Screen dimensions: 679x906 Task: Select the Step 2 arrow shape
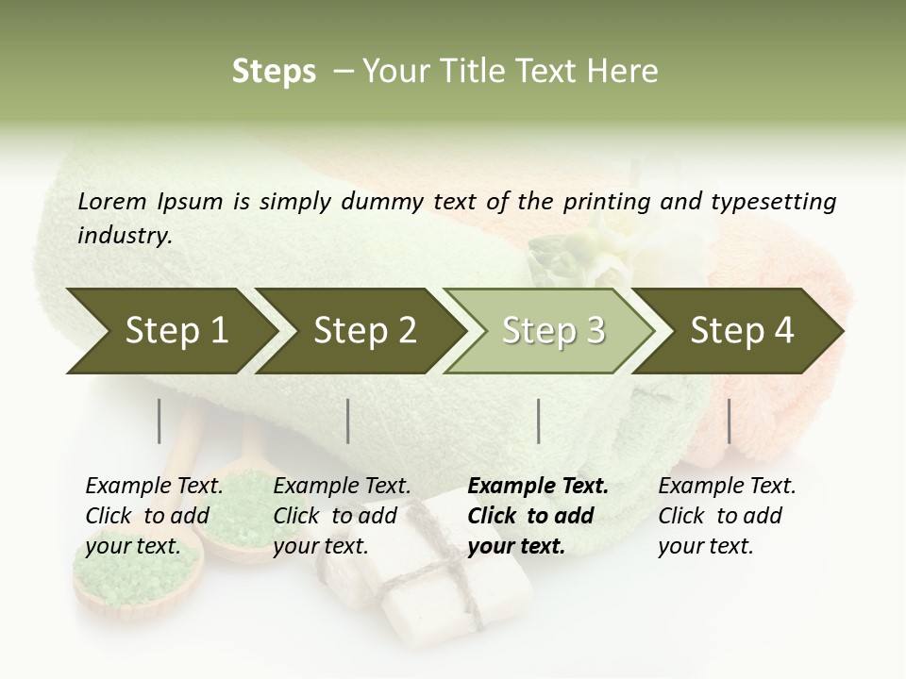(x=363, y=330)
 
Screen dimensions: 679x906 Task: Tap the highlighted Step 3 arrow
(x=552, y=330)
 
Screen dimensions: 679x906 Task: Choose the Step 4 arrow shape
(x=741, y=330)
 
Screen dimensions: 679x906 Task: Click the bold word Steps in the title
(x=274, y=72)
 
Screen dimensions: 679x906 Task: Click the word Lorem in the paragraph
(x=112, y=202)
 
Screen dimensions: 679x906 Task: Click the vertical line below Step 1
(x=159, y=421)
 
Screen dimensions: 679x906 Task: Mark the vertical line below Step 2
(x=348, y=421)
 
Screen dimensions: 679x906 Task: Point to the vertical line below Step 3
(x=538, y=421)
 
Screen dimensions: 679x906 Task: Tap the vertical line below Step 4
(x=729, y=421)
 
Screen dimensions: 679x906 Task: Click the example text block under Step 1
(x=154, y=516)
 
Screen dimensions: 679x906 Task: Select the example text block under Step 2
(x=342, y=516)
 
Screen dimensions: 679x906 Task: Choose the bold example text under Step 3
(x=538, y=516)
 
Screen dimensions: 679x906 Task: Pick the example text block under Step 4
(x=727, y=516)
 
